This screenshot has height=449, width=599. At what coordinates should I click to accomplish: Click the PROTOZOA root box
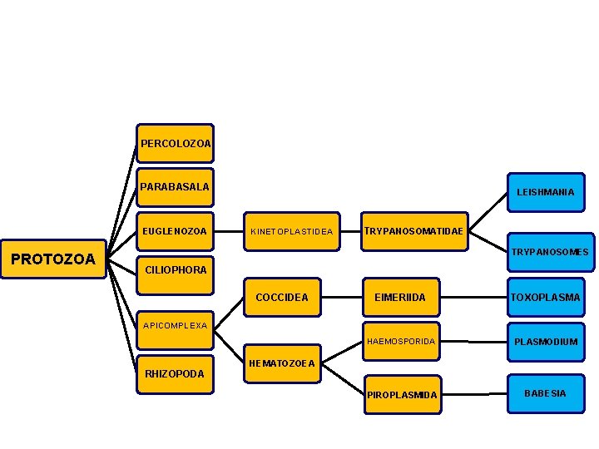(53, 259)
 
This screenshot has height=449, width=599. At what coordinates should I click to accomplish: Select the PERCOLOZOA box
(175, 144)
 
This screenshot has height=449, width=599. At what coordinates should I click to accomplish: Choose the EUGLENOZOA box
(175, 231)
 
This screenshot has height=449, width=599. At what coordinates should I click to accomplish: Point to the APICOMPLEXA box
(175, 326)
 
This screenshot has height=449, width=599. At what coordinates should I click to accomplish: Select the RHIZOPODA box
(175, 374)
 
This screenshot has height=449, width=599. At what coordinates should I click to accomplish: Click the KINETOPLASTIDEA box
(291, 231)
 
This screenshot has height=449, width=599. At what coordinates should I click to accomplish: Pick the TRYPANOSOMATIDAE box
(413, 230)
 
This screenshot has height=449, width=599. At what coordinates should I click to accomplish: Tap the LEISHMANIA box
(545, 192)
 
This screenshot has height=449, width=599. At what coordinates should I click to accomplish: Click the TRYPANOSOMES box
(549, 252)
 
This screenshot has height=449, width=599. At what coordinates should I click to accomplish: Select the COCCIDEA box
(282, 297)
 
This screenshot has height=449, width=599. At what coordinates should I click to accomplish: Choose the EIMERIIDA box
(400, 297)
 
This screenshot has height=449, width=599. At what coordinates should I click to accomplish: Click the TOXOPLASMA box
(545, 297)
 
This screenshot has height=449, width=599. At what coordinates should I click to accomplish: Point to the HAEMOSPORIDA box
(400, 342)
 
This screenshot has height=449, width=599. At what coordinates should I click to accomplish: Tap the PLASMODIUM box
(545, 342)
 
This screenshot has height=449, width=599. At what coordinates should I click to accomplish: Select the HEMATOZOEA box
(282, 363)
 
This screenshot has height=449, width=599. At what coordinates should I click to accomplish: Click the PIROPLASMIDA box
(400, 394)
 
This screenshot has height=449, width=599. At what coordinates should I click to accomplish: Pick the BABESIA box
(545, 393)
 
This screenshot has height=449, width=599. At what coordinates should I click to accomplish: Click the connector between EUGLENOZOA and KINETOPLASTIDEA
(228, 231)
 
